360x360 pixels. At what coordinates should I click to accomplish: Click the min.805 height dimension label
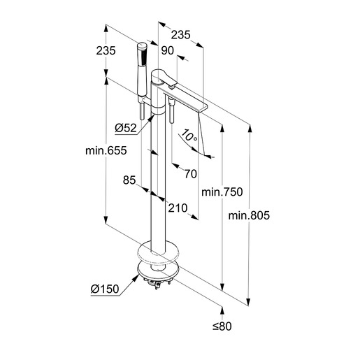(249, 215)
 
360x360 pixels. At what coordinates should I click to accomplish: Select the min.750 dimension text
(222, 192)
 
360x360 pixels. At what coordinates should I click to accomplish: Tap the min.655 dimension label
(106, 150)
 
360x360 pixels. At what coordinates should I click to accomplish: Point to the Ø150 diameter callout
(105, 289)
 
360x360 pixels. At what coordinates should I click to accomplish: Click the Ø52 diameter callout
(126, 128)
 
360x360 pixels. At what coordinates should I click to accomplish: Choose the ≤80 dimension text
(222, 326)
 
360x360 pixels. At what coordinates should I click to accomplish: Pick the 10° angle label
(189, 136)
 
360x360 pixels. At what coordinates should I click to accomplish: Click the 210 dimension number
(178, 208)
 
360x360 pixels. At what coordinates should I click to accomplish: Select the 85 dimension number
(129, 180)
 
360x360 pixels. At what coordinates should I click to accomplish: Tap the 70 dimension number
(191, 174)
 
